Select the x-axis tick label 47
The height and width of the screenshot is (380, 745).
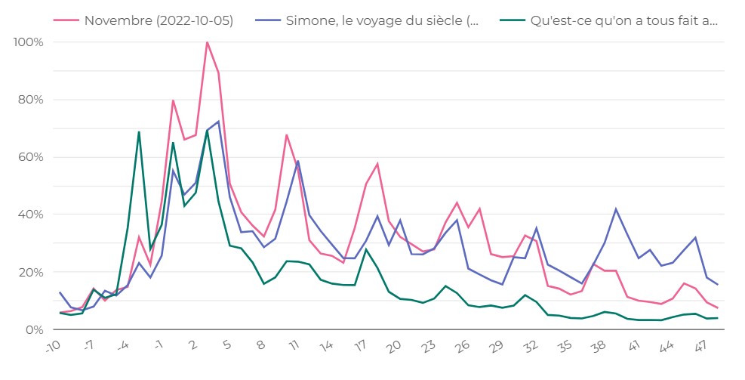tap(700, 347)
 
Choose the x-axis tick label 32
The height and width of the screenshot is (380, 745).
tap(530, 347)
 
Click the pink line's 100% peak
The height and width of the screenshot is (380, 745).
tap(207, 42)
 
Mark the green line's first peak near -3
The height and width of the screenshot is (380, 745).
tap(139, 132)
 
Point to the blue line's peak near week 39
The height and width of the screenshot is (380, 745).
tap(616, 209)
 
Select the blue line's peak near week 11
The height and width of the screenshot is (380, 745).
tap(298, 161)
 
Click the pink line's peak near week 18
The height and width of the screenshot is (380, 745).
tap(377, 164)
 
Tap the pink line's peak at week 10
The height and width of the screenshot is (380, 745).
tap(287, 135)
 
